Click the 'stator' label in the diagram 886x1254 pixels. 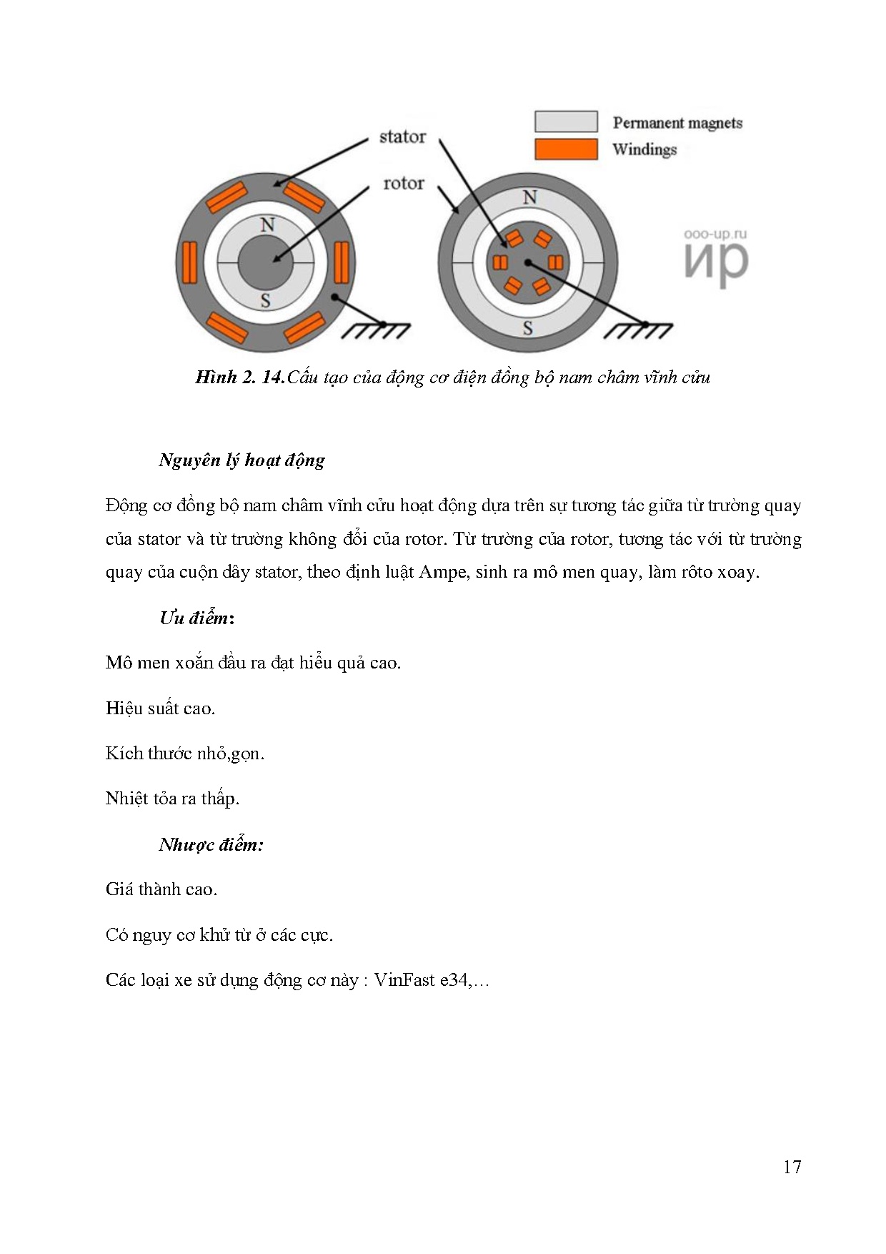(402, 137)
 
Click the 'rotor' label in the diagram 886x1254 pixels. (404, 184)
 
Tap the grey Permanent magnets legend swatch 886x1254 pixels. (566, 122)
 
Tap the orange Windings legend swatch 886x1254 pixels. (566, 149)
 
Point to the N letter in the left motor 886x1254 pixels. (267, 224)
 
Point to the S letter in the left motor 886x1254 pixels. (266, 301)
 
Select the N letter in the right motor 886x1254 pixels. (529, 197)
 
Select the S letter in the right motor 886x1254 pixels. (528, 329)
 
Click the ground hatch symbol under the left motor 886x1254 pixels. (376, 330)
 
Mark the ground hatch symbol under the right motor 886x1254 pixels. (638, 330)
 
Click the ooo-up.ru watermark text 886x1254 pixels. (715, 234)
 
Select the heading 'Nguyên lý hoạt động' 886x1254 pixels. (242, 460)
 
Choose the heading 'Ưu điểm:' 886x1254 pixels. (196, 618)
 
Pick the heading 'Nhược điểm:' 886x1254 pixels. (211, 844)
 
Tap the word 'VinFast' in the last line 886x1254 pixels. (404, 979)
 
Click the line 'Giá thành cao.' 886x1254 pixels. (161, 889)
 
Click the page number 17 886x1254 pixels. (792, 1167)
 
